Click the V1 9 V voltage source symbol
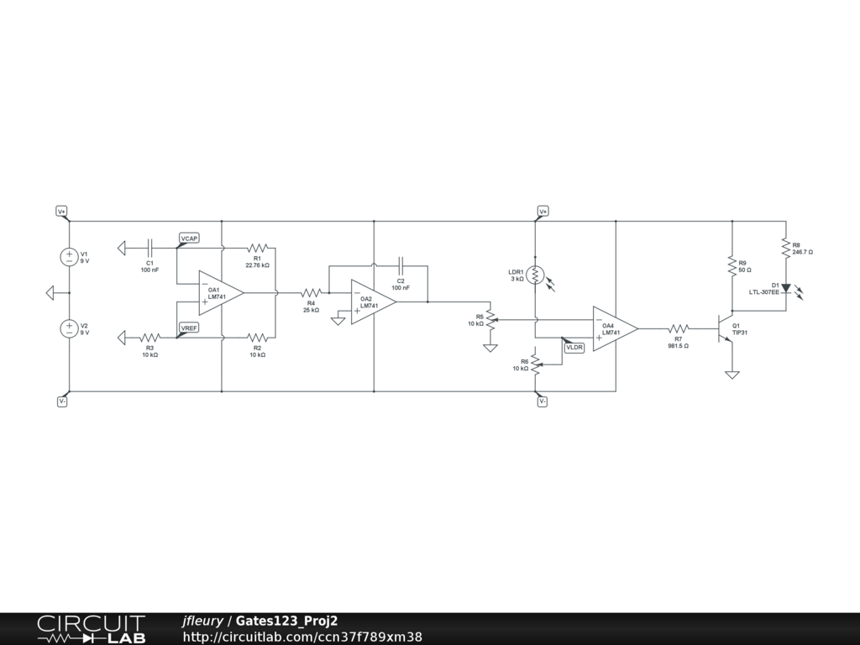click(x=69, y=257)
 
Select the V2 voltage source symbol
click(x=69, y=328)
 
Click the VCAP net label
click(x=189, y=239)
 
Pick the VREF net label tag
click(x=189, y=328)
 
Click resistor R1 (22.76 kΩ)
click(x=257, y=249)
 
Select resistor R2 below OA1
click(x=257, y=338)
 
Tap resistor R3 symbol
click(x=150, y=338)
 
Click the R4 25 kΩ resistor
click(x=311, y=293)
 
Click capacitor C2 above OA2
click(x=401, y=266)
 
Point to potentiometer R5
click(x=490, y=319)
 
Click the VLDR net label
click(x=574, y=347)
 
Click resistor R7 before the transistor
click(x=679, y=328)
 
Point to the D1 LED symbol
click(x=785, y=288)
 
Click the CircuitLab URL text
click(x=302, y=637)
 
